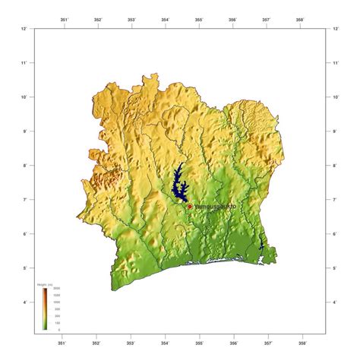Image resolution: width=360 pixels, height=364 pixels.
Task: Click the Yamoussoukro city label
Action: point(216,206)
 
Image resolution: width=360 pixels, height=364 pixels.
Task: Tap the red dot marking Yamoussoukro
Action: point(190,206)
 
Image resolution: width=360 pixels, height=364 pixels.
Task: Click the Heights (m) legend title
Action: point(45,284)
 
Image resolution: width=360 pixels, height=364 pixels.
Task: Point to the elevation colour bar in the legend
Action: point(46,309)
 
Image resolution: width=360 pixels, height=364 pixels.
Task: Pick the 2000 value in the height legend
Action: point(56,289)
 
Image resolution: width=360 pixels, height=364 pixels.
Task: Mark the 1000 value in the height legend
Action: point(56,302)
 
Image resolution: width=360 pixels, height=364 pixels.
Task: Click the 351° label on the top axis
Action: point(63,20)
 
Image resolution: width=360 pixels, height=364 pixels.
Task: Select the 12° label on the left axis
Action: point(26,29)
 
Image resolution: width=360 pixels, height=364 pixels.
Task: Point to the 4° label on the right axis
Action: point(335,302)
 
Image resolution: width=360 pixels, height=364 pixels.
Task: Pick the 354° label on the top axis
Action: point(165,20)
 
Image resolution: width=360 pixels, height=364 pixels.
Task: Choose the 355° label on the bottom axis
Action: point(199,339)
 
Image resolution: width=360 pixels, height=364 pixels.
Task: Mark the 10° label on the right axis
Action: point(336,97)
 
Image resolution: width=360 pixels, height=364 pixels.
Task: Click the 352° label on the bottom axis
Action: point(96,339)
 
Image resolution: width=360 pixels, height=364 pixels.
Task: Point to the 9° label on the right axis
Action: point(335,131)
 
